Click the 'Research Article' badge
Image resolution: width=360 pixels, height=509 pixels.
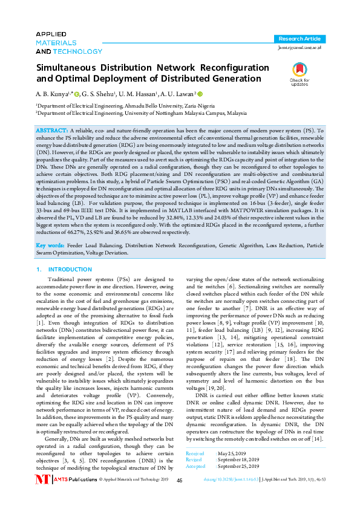click(x=300, y=38)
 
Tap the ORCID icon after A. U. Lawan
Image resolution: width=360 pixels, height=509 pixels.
click(x=200, y=94)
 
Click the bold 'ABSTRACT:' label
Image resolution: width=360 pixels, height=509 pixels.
click(x=53, y=131)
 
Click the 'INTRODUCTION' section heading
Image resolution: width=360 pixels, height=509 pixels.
click(x=71, y=269)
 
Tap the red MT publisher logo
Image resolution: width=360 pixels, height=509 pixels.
click(x=42, y=496)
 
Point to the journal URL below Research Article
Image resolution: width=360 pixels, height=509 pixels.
click(x=300, y=47)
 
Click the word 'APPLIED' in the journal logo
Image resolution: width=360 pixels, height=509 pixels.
click(x=51, y=34)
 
